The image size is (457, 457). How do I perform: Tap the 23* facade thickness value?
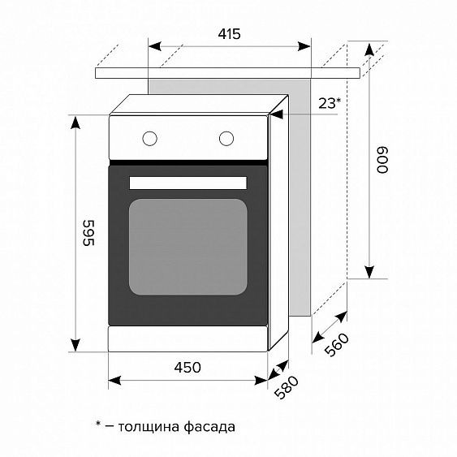click(x=328, y=103)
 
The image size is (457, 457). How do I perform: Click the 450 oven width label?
click(x=188, y=368)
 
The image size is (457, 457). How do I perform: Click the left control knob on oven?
click(x=149, y=138)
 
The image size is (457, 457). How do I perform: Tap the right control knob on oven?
click(x=226, y=138)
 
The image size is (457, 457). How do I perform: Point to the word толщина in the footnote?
click(x=148, y=425)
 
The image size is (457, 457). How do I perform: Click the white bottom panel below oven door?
click(x=188, y=339)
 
